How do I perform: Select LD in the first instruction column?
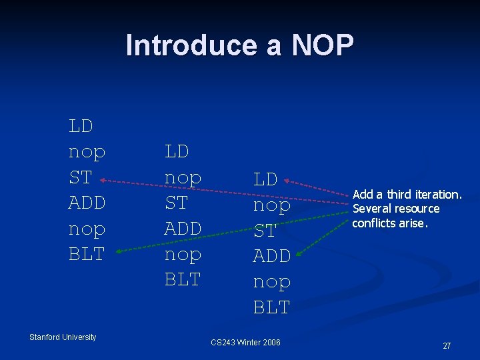tap(81, 125)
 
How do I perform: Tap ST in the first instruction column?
tap(80, 177)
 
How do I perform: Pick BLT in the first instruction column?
tap(87, 254)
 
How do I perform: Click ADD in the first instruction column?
tap(87, 203)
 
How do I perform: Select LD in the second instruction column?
tap(177, 151)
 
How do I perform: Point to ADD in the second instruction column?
tap(183, 228)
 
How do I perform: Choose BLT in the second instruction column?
tap(183, 279)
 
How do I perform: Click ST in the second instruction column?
tap(176, 203)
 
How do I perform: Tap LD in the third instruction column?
tap(265, 179)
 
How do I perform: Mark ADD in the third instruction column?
tap(271, 256)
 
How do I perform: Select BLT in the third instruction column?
tap(271, 307)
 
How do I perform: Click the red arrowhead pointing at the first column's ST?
tap(105, 179)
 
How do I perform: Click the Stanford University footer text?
tap(63, 337)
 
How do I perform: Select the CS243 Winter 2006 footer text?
tap(245, 343)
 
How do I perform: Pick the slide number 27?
tap(447, 345)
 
